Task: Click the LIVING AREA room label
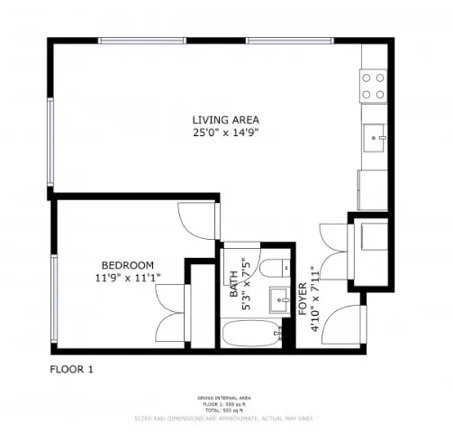(x=225, y=120)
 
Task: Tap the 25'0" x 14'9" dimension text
(x=225, y=133)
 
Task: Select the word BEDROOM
(x=127, y=264)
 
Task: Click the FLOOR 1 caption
(x=70, y=369)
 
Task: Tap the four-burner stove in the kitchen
(x=374, y=86)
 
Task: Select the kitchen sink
(x=374, y=140)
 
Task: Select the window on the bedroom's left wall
(x=56, y=301)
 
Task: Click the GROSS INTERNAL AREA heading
(x=226, y=398)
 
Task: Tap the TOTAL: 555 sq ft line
(x=226, y=410)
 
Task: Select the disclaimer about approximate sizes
(x=226, y=418)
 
